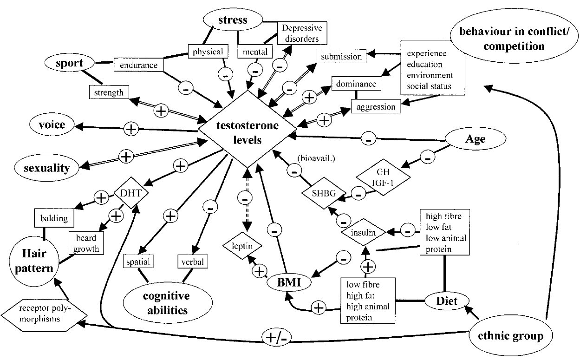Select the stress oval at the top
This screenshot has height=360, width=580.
(232, 20)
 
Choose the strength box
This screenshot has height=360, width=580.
(110, 92)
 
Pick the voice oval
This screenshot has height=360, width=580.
(52, 124)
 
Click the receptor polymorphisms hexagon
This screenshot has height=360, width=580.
(44, 315)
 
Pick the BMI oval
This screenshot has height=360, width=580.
(289, 281)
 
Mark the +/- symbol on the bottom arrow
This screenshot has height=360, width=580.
(276, 336)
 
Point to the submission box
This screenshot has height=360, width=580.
(341, 57)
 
